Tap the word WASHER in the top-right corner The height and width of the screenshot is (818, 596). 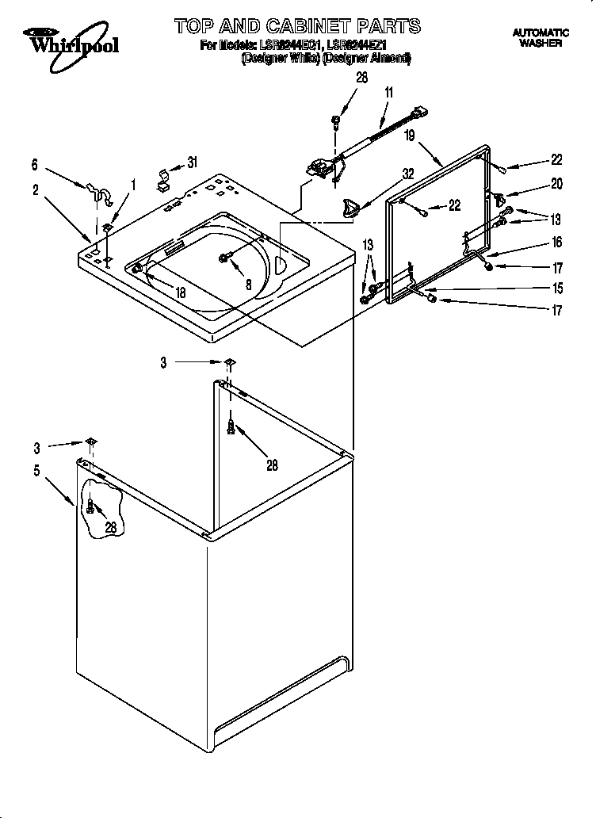coord(541,44)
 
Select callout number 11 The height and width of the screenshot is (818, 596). coord(389,93)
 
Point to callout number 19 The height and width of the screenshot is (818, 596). coord(409,135)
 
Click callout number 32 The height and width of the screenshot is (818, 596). coord(408,174)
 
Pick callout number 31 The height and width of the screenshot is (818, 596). coord(192,162)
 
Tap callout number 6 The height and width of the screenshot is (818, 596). coord(35,165)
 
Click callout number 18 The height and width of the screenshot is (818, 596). coord(181,292)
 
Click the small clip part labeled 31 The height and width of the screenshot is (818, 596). coord(163,176)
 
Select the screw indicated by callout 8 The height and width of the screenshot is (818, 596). coord(225,257)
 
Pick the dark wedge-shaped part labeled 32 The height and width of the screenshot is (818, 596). coord(350,208)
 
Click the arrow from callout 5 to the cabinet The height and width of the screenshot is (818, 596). coord(59,490)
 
